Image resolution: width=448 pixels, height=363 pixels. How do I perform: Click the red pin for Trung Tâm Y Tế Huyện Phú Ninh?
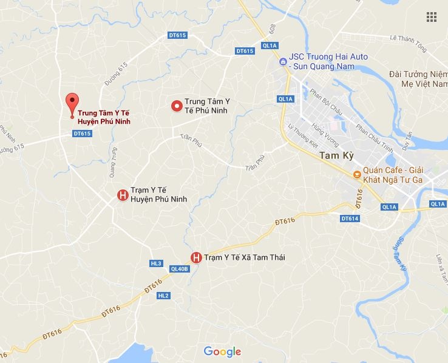[x=72, y=103]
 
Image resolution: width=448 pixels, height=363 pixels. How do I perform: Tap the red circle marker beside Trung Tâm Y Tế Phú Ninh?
[x=177, y=106]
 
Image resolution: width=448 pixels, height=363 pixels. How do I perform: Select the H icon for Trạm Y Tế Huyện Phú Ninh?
[x=122, y=195]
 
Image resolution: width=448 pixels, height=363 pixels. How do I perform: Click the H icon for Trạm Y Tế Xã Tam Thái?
[x=196, y=257]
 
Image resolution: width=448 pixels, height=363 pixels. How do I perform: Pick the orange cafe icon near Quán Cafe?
[x=358, y=175]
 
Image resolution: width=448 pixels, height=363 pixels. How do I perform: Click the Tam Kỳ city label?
[x=333, y=157]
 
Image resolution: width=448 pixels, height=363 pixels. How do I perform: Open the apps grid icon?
[x=432, y=16]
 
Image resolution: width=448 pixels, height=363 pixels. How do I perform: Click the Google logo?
[x=222, y=351]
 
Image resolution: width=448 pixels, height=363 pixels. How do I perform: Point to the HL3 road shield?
[x=156, y=263]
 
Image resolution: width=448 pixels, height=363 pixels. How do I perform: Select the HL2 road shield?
[x=163, y=296]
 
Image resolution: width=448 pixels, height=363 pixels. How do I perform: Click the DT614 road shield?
[x=350, y=219]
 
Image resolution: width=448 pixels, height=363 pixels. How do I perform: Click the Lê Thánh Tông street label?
[x=409, y=39]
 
